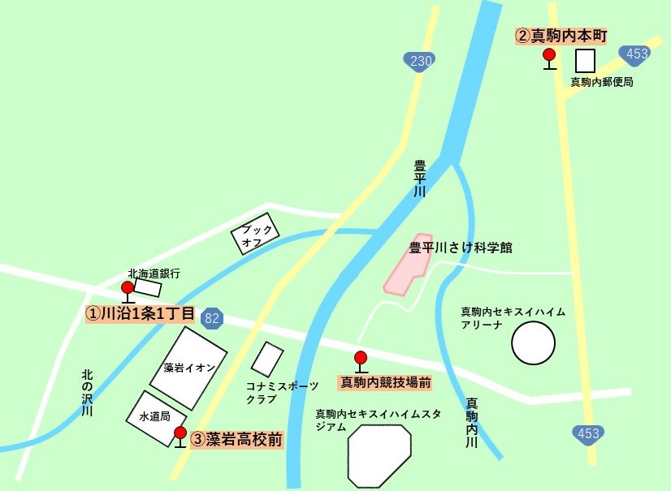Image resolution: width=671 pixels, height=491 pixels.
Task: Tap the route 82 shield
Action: [x=212, y=318]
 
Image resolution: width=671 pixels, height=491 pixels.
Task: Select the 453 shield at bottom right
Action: [x=588, y=433]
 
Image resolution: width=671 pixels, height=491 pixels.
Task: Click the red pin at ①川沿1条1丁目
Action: [x=128, y=287]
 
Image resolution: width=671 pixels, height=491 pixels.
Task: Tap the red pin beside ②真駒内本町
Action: [x=549, y=55]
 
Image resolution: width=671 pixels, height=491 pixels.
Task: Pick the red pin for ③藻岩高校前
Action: [x=180, y=433]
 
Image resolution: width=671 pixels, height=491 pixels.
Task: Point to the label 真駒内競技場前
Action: [x=385, y=381]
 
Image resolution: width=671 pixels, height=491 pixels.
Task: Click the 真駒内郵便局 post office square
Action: [x=585, y=61]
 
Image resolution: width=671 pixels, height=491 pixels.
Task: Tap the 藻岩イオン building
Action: [x=188, y=368]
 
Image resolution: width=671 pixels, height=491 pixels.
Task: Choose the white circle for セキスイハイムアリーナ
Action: [x=534, y=342]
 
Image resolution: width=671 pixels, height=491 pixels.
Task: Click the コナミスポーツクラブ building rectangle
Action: [x=267, y=359]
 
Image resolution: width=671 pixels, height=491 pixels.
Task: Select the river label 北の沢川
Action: [x=88, y=393]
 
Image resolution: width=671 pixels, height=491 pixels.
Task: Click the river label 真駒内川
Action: [x=471, y=422]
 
